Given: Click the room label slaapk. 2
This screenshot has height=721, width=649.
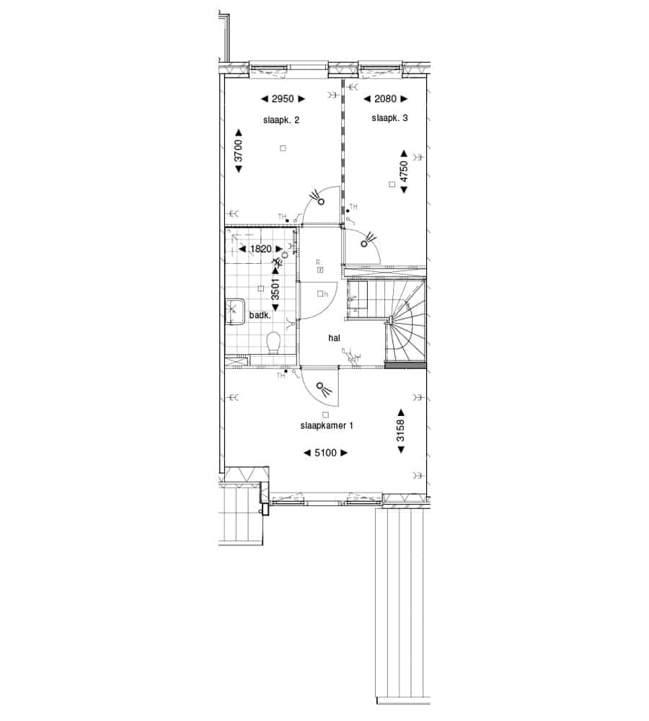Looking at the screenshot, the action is [281, 120].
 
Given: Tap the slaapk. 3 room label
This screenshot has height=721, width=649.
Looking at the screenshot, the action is [389, 118].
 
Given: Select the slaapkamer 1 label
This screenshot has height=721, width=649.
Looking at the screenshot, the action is [327, 426].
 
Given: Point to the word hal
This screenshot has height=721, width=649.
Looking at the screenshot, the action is [335, 338].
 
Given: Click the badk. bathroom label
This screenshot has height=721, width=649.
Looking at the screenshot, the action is [260, 316].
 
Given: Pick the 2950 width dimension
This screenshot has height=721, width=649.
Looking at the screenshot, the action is [283, 98].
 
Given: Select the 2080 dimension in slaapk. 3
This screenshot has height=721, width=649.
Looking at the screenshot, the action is [386, 98].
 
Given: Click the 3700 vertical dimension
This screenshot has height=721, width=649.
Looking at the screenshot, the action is [238, 151].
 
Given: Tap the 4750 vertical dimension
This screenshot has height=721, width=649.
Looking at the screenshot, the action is [404, 172].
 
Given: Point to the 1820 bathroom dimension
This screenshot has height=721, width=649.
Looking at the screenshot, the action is [261, 249].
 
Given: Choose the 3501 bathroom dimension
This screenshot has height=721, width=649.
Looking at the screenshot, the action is [275, 289].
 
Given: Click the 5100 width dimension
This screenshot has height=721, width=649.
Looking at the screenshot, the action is [325, 453].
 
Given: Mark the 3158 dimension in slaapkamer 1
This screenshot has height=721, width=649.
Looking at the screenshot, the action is [401, 430].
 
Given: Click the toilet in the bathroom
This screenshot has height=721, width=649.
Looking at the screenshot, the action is [274, 343].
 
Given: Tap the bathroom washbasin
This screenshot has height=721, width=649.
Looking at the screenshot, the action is [234, 312].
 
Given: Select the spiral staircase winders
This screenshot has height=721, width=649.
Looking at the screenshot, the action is [406, 321].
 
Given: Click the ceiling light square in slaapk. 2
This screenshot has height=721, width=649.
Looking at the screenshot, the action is [283, 148].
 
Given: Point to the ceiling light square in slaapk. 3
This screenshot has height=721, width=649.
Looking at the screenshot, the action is [392, 185].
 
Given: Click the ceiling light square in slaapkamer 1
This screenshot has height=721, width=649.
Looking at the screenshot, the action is [326, 415].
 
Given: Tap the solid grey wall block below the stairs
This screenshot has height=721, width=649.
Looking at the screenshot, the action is [405, 366].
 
